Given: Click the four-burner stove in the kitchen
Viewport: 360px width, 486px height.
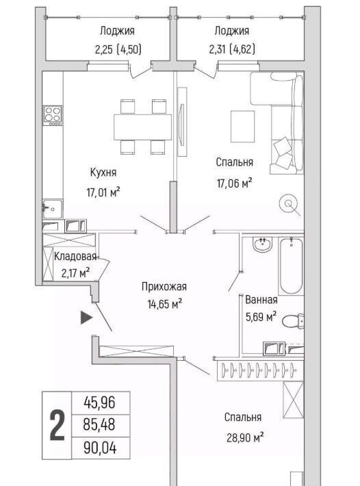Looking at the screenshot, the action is tap(53, 115).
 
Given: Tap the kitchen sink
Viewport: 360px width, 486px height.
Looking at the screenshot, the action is tap(53, 209).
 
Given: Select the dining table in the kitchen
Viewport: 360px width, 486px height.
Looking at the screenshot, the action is tap(142, 127).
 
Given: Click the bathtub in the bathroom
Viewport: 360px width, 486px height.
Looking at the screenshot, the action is tap(291, 266).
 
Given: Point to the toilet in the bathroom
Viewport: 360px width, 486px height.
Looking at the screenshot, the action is tap(293, 321).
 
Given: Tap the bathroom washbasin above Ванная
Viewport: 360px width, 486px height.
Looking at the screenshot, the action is tap(263, 244).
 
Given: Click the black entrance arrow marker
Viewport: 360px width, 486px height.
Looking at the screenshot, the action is tap(86, 318).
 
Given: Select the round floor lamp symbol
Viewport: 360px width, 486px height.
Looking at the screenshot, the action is tap(288, 203).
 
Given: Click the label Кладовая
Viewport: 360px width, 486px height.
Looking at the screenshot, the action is tap(75, 257).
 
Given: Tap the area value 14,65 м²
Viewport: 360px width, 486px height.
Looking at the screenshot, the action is tap(164, 304).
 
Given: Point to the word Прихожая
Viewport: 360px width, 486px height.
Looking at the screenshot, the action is tap(164, 286).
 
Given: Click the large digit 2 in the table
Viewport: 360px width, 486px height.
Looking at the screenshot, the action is tap(57, 425).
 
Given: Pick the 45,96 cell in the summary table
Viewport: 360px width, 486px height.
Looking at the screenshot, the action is tap(99, 402).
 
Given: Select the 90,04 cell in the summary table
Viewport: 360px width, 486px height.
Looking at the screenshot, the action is tap(100, 448).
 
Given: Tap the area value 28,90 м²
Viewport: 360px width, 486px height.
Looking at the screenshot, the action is tap(245, 438).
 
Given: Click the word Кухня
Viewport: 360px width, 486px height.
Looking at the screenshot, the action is tap(103, 172).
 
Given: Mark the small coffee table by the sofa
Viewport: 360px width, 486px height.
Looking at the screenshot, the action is tap(242, 126).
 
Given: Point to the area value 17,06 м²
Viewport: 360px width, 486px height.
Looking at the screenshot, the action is tap(234, 183).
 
